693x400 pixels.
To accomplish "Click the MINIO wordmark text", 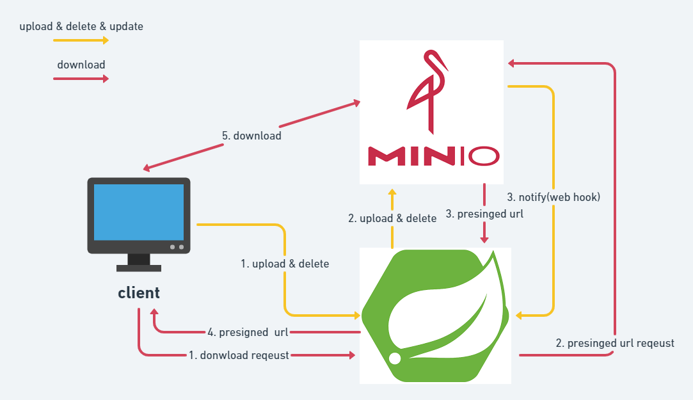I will pyautogui.click(x=433, y=155).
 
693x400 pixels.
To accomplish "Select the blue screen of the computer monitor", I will pyautogui.click(x=139, y=212).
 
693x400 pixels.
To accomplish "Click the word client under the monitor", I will pyautogui.click(x=139, y=293).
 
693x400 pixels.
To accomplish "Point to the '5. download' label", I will pyautogui.click(x=251, y=136).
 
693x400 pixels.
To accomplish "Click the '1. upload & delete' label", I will pyautogui.click(x=285, y=264).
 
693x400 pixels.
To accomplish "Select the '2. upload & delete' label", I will pyautogui.click(x=392, y=218).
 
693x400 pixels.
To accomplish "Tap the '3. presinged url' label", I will pyautogui.click(x=484, y=214).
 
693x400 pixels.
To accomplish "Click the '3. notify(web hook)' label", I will pyautogui.click(x=554, y=197).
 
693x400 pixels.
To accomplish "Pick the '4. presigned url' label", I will pyautogui.click(x=248, y=332).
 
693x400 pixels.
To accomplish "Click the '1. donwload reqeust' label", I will pyautogui.click(x=239, y=355).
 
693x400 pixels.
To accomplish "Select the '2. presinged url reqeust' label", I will pyautogui.click(x=615, y=343).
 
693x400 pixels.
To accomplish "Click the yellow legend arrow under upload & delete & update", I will pyautogui.click(x=81, y=40).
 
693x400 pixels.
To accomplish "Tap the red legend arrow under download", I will pyautogui.click(x=81, y=79).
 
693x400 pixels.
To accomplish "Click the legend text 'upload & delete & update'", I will pyautogui.click(x=81, y=27).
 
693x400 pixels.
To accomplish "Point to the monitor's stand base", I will pyautogui.click(x=139, y=268).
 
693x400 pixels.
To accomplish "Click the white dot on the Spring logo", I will pyautogui.click(x=395, y=358).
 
